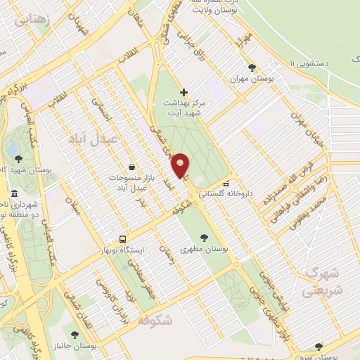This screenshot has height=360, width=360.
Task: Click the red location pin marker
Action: click(x=181, y=166)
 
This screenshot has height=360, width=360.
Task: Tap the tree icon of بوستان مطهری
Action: click(x=205, y=238)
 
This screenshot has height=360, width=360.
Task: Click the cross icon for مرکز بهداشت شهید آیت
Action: click(x=184, y=92)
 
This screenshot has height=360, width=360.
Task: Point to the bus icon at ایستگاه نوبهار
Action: click(x=123, y=239)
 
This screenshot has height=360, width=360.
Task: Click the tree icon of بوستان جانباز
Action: click(x=75, y=335)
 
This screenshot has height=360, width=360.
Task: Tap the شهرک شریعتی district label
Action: click(x=323, y=281)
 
